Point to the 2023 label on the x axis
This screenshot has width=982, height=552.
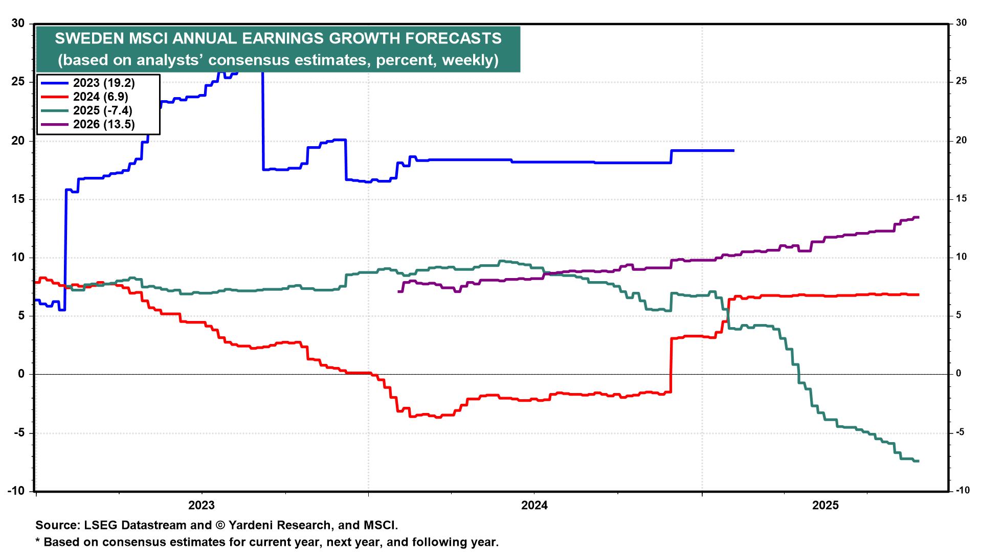pos(202,505)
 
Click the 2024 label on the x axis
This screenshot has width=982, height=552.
pos(534,505)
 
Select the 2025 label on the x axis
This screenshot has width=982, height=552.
pos(825,505)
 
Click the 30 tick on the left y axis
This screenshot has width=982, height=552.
pos(18,23)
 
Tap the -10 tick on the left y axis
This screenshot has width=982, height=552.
pos(16,491)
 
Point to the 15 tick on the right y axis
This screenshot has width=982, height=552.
pos(962,199)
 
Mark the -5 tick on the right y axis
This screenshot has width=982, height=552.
pos(961,432)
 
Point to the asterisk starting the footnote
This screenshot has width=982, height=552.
pos(37,541)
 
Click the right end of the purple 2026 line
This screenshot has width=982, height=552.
pos(919,217)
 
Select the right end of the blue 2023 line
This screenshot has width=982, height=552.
pos(734,150)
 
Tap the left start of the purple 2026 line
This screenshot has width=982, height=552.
pos(398,291)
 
